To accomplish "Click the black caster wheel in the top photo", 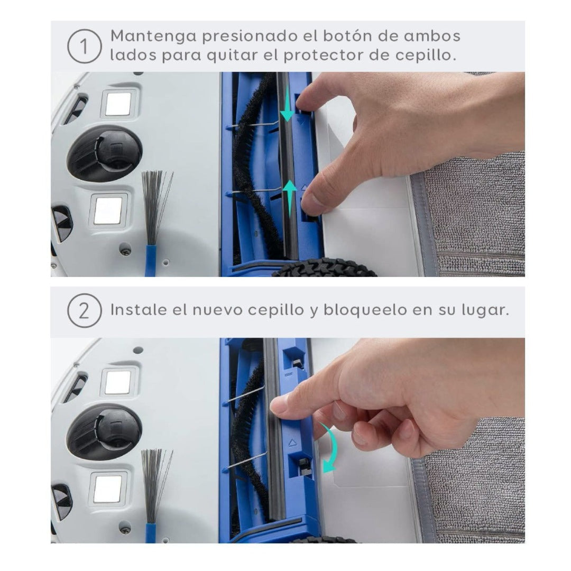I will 105,153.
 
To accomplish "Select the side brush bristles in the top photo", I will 157,206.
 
